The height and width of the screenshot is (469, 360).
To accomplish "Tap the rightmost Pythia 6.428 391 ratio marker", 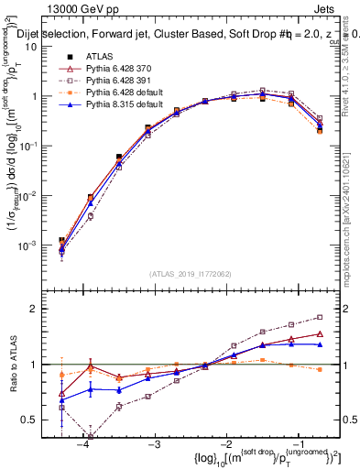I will tap(319, 317).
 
